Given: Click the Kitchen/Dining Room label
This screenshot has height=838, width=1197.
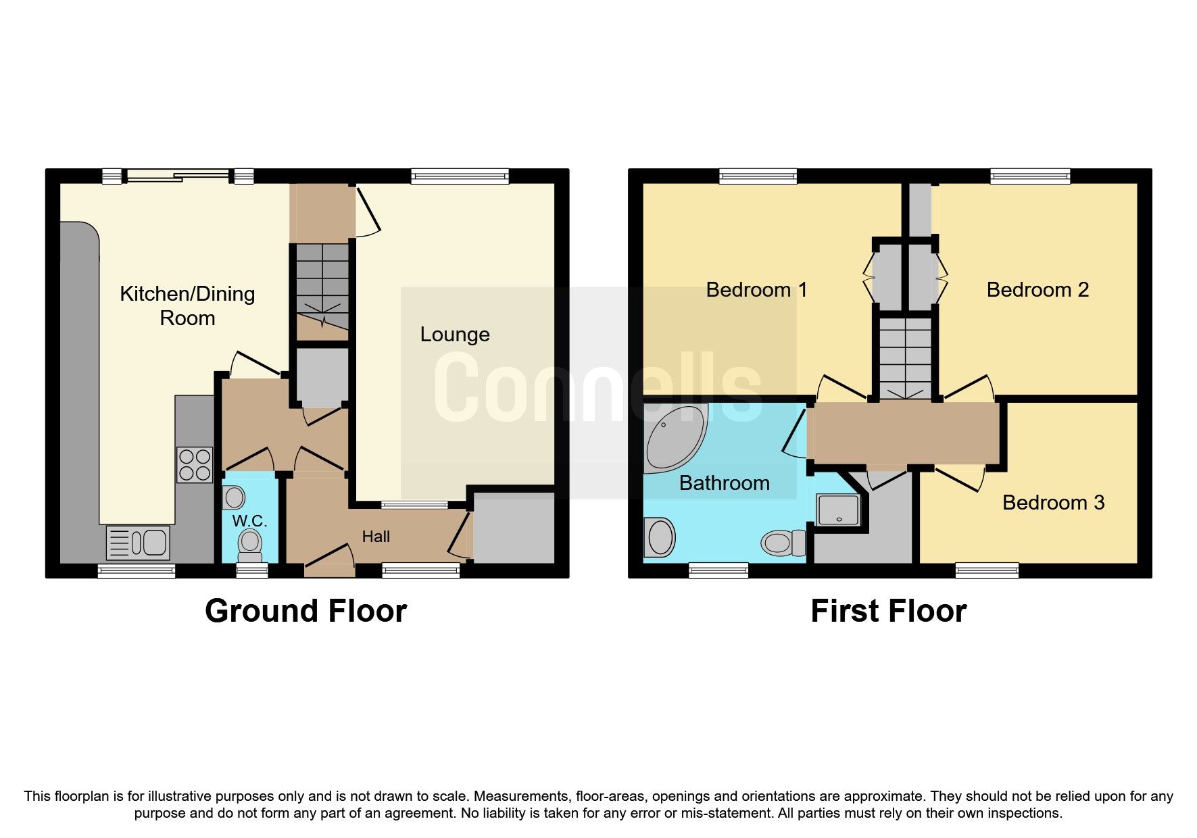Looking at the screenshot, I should [187, 305].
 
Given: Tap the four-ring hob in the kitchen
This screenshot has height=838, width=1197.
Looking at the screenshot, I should [195, 464].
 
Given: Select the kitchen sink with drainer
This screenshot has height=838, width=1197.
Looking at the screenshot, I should [139, 543].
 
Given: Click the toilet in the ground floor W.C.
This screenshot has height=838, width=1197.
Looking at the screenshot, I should [250, 545].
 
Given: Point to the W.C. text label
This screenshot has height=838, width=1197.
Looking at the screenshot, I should [249, 521].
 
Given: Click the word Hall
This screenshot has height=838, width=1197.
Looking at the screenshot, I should [376, 537].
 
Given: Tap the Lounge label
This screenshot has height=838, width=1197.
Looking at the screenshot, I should [455, 335].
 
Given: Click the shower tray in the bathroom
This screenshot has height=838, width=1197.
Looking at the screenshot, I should [838, 510].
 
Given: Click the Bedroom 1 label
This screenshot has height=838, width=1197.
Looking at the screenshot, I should [756, 290].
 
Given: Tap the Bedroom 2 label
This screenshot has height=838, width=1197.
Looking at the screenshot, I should [1037, 290].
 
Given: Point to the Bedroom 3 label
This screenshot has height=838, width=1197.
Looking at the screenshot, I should [1053, 503].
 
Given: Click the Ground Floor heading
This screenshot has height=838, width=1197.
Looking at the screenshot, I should [306, 611].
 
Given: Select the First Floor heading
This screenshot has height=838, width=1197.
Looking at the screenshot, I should [888, 611].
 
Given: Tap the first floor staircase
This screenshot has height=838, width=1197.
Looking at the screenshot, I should [905, 358].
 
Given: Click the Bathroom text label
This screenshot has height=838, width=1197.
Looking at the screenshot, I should [724, 483].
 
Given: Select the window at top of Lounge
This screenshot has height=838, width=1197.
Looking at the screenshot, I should [460, 176].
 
